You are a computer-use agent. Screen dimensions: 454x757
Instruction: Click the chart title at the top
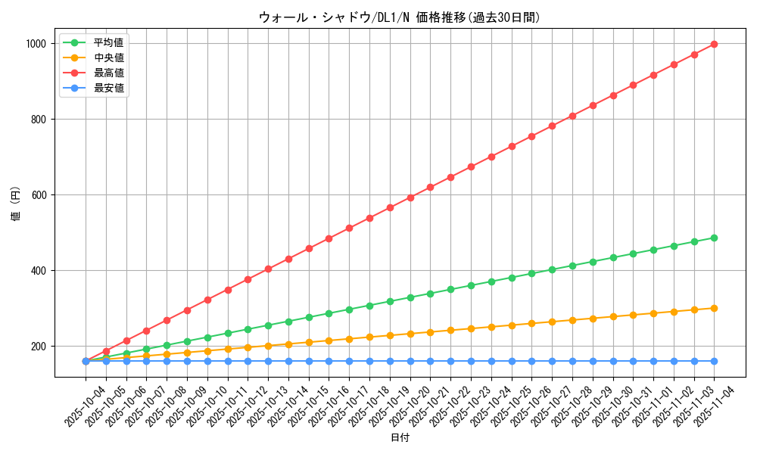click(400, 17)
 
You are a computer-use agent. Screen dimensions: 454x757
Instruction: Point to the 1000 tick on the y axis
click(35, 44)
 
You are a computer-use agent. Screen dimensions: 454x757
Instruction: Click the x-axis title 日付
click(400, 438)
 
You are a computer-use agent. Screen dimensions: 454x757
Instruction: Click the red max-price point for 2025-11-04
click(714, 44)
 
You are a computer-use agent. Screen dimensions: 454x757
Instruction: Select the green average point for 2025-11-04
click(714, 238)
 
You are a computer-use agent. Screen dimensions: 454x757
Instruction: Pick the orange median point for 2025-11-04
click(714, 308)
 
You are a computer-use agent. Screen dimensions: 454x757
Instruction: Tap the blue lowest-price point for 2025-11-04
click(714, 361)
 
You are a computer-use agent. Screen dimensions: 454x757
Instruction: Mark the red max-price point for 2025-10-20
click(410, 197)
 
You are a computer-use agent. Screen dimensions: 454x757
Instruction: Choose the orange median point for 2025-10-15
click(309, 342)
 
